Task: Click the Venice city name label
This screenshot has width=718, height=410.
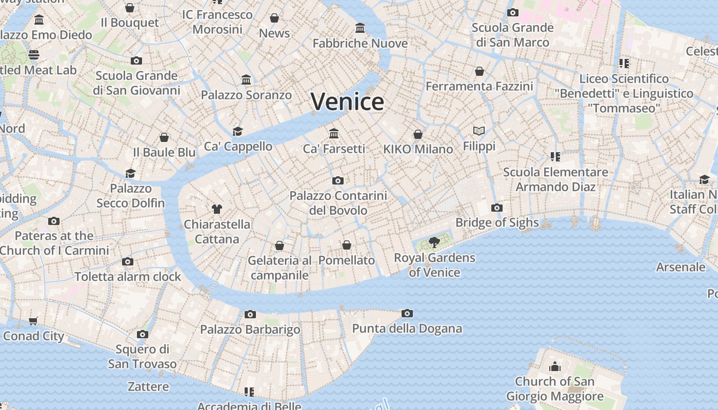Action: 347,101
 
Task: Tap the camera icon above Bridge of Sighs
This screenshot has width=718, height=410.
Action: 496,208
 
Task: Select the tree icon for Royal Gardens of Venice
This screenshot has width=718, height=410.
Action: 434,242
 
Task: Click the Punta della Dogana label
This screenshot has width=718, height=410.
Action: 407,329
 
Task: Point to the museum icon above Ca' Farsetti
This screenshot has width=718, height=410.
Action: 334,133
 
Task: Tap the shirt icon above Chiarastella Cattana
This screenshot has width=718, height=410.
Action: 217,209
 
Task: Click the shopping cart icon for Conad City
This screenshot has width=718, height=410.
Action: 33,321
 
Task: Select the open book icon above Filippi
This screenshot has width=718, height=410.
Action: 479,131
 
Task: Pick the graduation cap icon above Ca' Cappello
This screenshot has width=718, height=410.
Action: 237,131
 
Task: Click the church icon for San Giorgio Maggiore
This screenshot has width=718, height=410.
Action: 554,366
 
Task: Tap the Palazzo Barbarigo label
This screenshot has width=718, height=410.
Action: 250,330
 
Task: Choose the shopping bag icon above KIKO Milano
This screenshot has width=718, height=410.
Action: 418,134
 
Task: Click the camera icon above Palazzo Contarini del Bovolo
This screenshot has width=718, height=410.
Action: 337,180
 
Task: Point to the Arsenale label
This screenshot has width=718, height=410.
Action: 681,267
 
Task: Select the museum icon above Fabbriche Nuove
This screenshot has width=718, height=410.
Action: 360,28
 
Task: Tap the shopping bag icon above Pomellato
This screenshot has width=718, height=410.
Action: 347,245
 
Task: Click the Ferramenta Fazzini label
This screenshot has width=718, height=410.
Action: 479,86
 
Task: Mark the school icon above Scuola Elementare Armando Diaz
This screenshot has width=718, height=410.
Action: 555,157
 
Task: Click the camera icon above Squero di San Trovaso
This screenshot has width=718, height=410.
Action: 143,335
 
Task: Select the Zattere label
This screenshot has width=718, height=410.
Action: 148,386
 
